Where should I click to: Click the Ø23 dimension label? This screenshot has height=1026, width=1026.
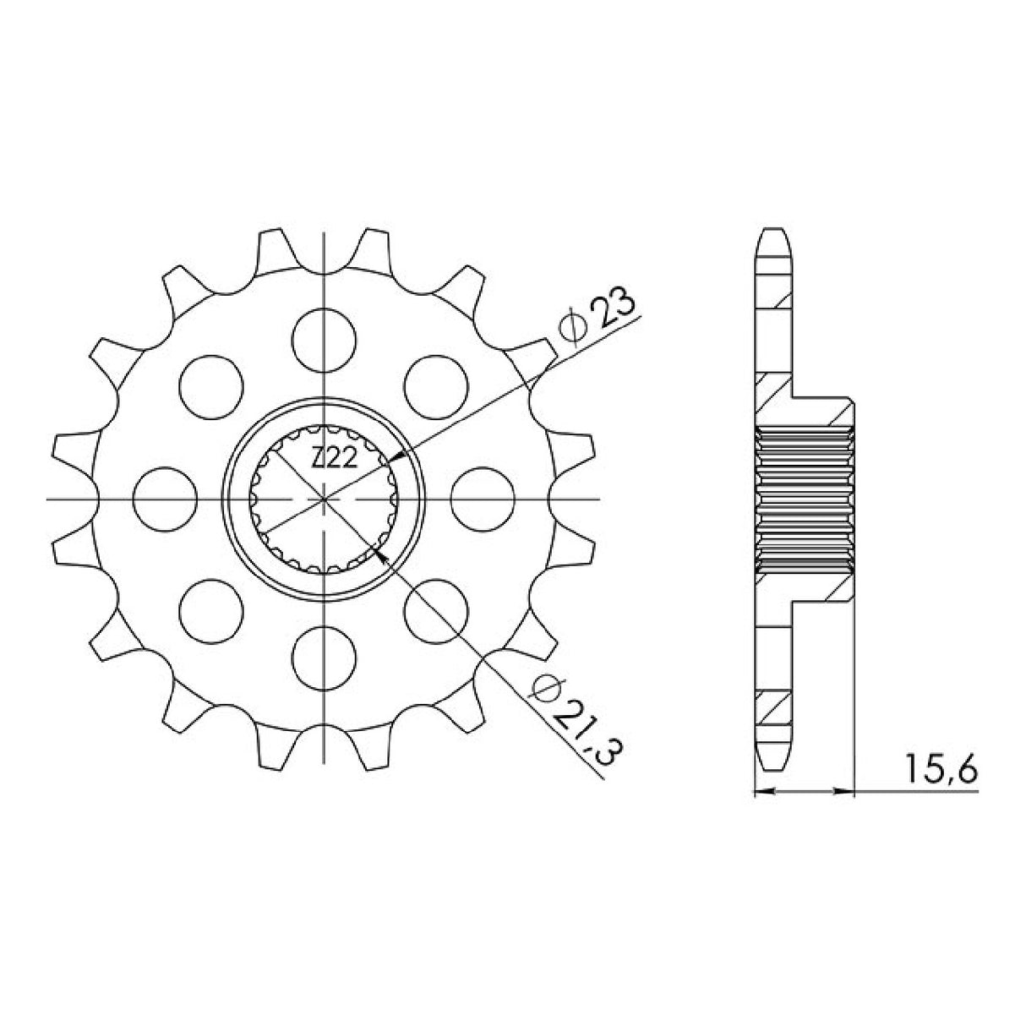point(602,319)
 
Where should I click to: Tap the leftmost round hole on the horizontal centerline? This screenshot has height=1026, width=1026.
point(166,498)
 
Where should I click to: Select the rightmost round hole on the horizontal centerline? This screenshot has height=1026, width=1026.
point(483,498)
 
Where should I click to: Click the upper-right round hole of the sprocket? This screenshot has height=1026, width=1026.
point(436,385)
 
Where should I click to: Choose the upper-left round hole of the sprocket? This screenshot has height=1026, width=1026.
point(212,385)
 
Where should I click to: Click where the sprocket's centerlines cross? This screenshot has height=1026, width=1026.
point(325,499)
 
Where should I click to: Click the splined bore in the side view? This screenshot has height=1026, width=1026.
point(803,499)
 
